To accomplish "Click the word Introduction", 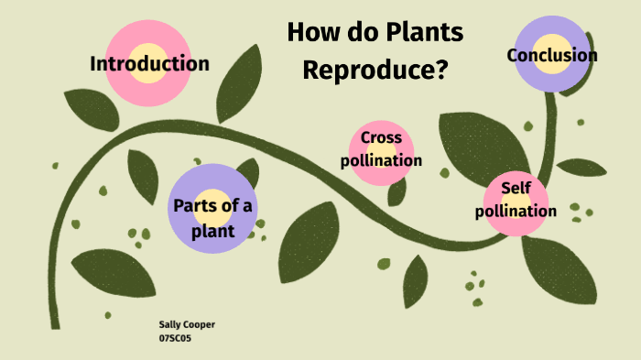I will [x=149, y=64].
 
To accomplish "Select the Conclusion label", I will [x=552, y=56].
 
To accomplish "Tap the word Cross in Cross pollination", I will [x=381, y=138].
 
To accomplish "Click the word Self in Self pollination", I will [x=516, y=188].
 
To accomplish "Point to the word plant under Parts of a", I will [x=213, y=231].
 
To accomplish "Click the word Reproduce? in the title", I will [x=375, y=69].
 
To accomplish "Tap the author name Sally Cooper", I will [x=187, y=325].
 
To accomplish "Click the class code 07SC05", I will [x=175, y=338].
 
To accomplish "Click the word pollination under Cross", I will [x=381, y=160].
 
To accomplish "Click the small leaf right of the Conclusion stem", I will [x=582, y=168].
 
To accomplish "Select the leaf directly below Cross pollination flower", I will [x=397, y=191].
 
